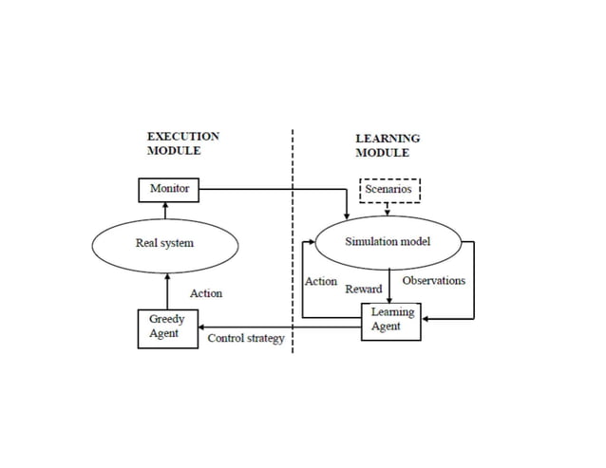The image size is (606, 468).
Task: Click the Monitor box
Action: tap(169, 189)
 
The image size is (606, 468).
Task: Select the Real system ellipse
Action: tap(165, 244)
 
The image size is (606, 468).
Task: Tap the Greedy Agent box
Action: tap(167, 327)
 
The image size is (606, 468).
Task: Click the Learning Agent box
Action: tap(392, 320)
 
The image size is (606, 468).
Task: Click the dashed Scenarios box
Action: tap(388, 190)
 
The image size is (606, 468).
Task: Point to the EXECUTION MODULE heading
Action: tap(182, 143)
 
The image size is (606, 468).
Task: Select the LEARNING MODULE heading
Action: tap(388, 145)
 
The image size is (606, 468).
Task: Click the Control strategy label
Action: tap(246, 339)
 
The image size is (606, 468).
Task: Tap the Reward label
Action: tap(364, 289)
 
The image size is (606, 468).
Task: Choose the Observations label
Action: tap(433, 281)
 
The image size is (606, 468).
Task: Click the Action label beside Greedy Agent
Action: tap(206, 293)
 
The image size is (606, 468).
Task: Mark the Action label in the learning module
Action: tap(321, 281)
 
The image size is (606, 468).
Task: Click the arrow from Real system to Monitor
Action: tap(167, 211)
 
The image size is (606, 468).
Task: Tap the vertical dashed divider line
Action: tap(293, 237)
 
